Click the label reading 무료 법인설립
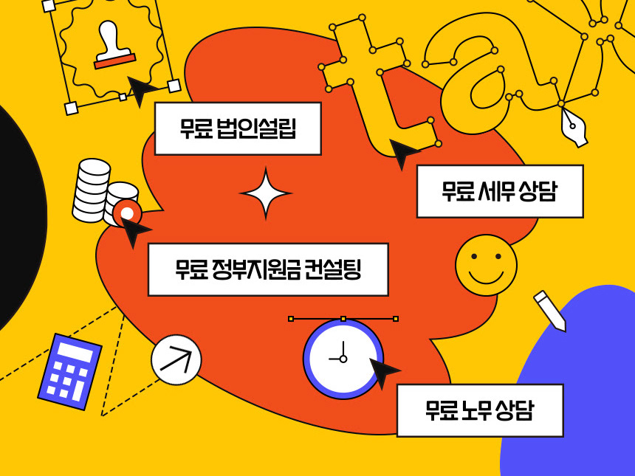pos(238,128)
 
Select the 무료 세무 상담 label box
pos(500,191)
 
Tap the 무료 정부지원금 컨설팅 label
pos(268,269)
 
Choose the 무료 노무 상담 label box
pos(480,410)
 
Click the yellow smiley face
pos(486,265)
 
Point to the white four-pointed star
pos(266,193)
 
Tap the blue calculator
pos(69,371)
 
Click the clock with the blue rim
pos(343,359)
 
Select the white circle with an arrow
pos(176,359)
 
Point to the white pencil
pos(549,310)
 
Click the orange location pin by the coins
pos(127,213)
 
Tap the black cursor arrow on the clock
pos(382,372)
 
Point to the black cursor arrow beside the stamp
pos(140,89)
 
